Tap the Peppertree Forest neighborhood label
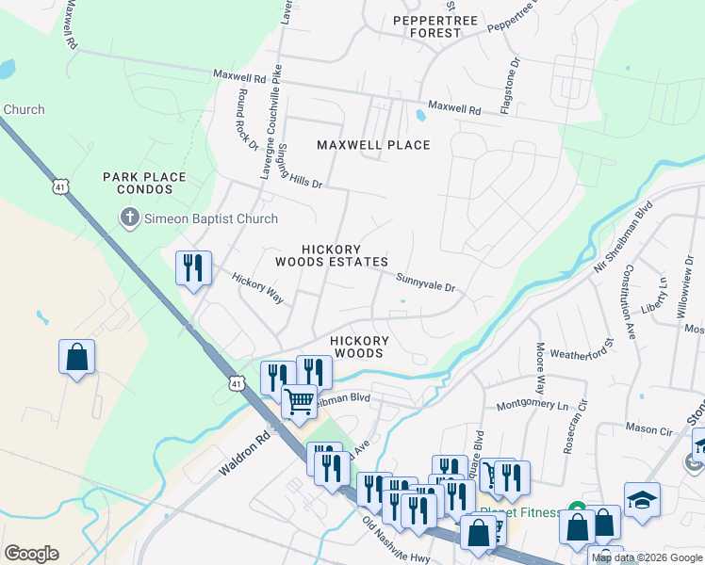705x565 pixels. (x=427, y=26)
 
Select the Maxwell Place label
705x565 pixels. (x=373, y=145)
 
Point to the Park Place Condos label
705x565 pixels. (x=144, y=183)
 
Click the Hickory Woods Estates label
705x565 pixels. (x=331, y=254)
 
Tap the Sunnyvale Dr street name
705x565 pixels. (x=425, y=280)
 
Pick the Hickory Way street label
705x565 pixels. (x=257, y=288)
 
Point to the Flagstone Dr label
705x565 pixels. (x=510, y=87)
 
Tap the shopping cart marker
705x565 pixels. (x=299, y=400)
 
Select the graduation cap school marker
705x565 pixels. (x=642, y=499)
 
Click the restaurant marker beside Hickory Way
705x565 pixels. (x=193, y=267)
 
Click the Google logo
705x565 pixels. (x=31, y=554)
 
